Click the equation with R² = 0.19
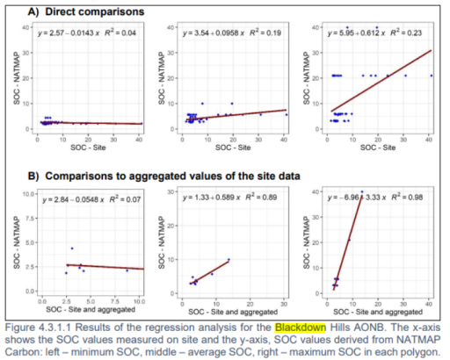(225, 33)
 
